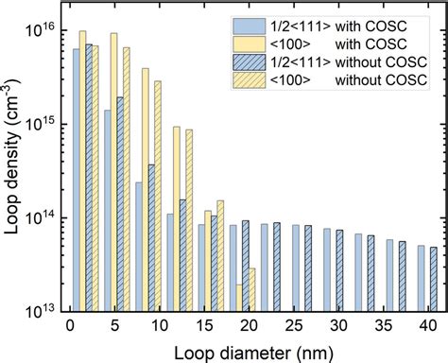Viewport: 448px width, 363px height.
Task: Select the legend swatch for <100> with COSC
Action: (x=257, y=43)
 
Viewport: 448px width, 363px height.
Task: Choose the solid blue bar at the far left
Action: (x=77, y=180)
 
